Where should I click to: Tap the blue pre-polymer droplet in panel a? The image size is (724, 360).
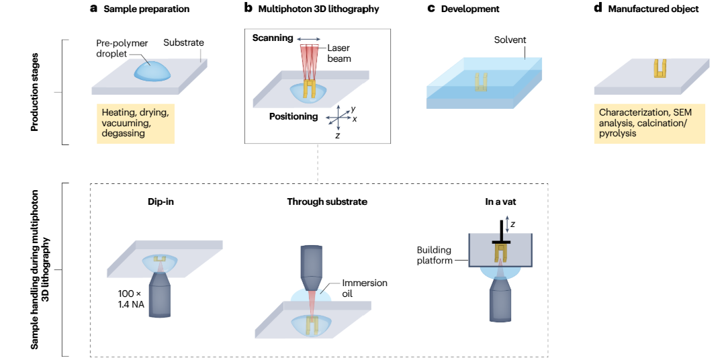pyautogui.click(x=152, y=69)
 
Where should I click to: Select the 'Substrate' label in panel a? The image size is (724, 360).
pyautogui.click(x=183, y=43)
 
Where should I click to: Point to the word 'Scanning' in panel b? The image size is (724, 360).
pyautogui.click(x=273, y=38)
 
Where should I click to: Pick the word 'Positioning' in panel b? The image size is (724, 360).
pyautogui.click(x=293, y=117)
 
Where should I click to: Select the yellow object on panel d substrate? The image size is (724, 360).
pyautogui.click(x=660, y=69)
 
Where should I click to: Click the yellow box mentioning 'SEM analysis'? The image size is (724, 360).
pyautogui.click(x=649, y=123)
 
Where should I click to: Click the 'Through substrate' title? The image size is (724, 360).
pyautogui.click(x=327, y=201)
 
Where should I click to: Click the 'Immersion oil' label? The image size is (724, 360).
pyautogui.click(x=365, y=288)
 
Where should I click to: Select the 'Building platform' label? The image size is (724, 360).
pyautogui.click(x=434, y=255)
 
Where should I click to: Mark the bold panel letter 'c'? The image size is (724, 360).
pyautogui.click(x=432, y=9)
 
